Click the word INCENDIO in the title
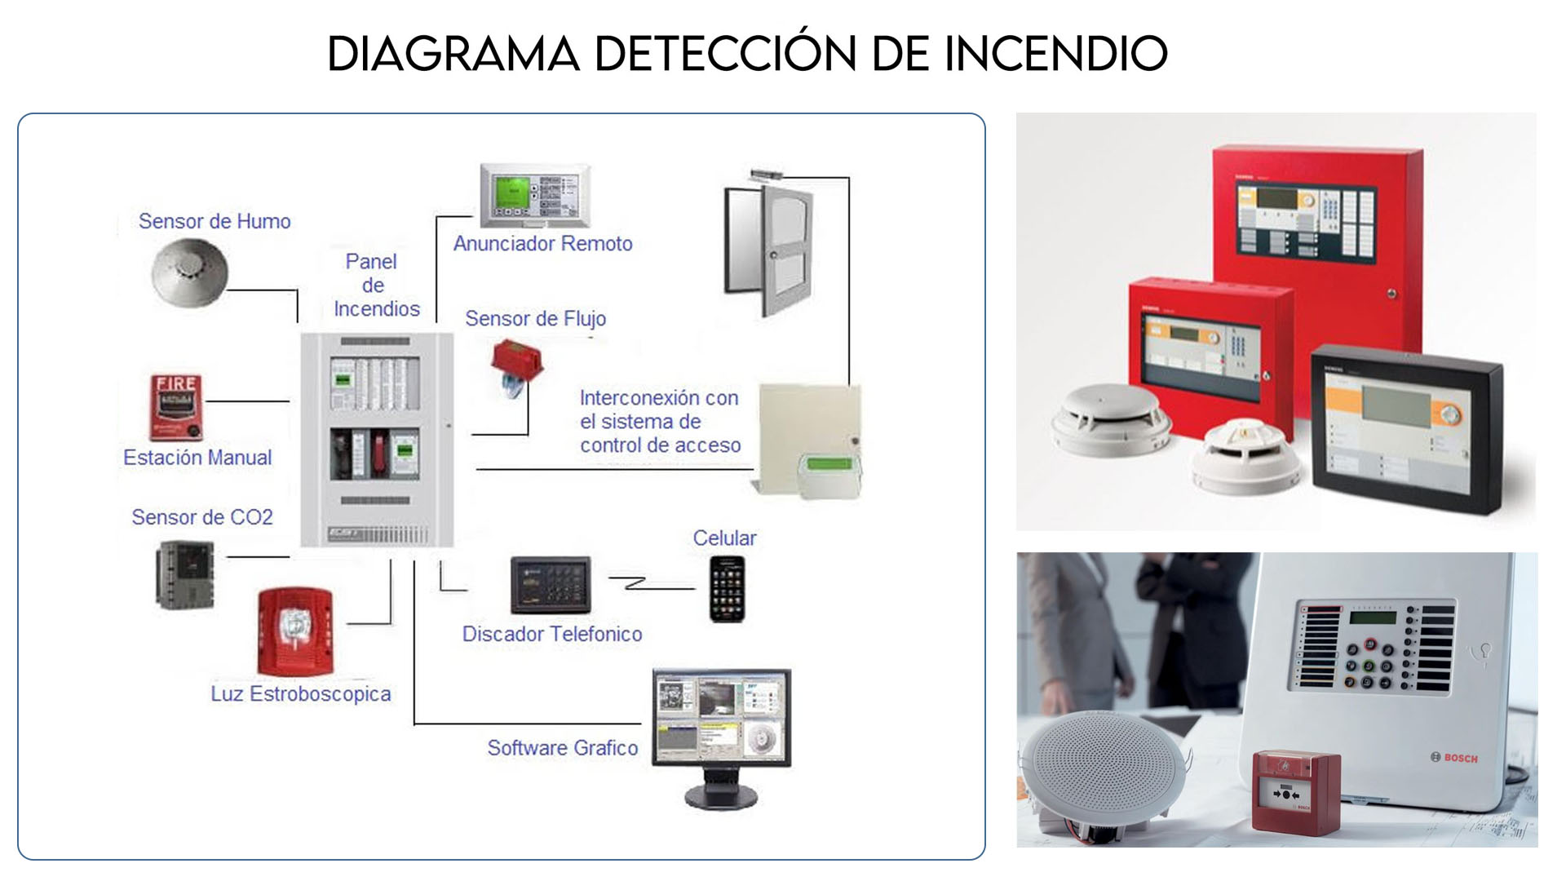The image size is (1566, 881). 1055,54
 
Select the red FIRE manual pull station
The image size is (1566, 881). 175,406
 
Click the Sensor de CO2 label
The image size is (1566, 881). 202,517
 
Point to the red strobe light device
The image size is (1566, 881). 294,631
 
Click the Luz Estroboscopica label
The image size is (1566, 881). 301,694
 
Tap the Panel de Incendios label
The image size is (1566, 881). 374,286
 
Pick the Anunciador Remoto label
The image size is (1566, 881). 542,244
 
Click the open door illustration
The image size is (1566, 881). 770,249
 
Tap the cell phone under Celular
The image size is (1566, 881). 727,589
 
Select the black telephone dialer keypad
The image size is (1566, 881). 551,585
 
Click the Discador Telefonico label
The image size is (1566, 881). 551,634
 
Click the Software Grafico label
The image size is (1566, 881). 563,748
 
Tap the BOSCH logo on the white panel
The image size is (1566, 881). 1454,758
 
